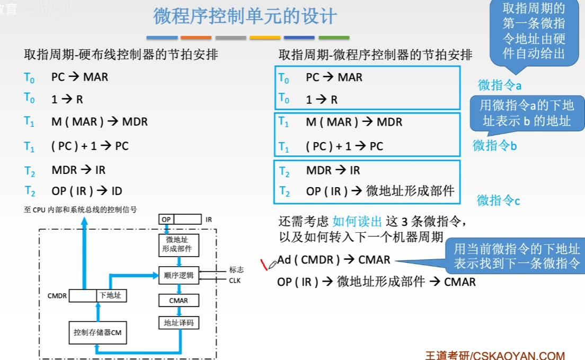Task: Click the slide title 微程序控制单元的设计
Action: [x=245, y=16]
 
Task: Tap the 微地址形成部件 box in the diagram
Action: [x=179, y=244]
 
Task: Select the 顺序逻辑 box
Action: [x=179, y=275]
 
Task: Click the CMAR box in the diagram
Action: [x=179, y=300]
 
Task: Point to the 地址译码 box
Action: [x=179, y=322]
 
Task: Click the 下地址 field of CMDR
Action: [x=111, y=295]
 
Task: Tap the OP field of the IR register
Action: [x=166, y=219]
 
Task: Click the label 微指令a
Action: [x=500, y=85]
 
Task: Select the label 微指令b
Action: [x=494, y=145]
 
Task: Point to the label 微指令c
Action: [x=498, y=200]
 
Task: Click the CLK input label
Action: [x=235, y=280]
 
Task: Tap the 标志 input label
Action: [x=236, y=270]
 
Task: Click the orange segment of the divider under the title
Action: [x=196, y=38]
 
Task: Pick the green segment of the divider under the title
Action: [x=333, y=38]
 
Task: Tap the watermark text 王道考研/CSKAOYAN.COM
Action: [x=495, y=355]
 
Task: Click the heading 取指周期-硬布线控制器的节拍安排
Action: [x=121, y=55]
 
